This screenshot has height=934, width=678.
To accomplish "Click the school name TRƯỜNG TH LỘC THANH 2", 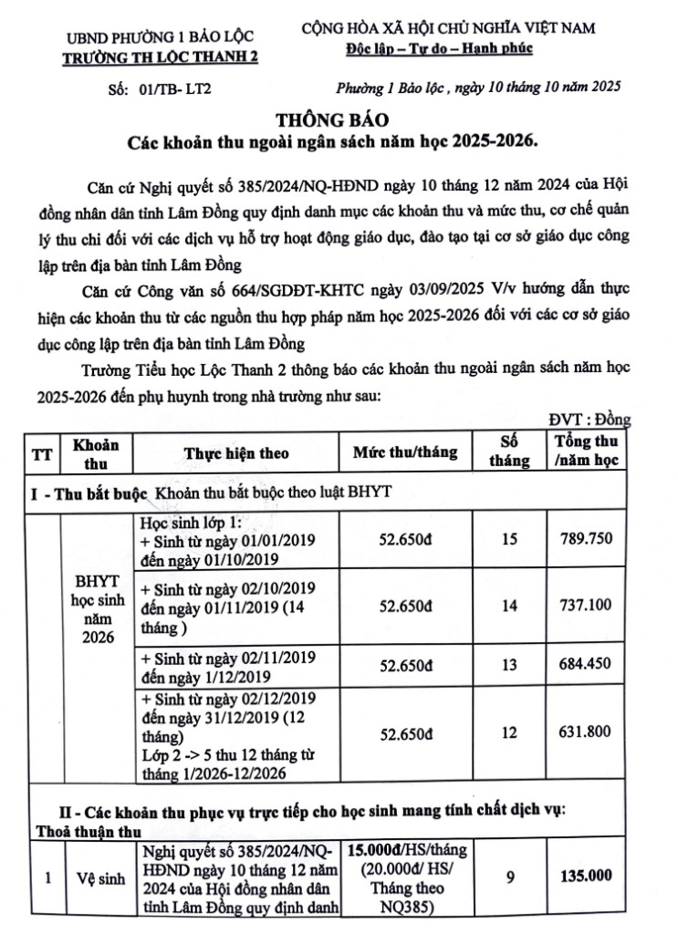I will (x=160, y=57).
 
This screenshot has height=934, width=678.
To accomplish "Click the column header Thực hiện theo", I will (x=236, y=452).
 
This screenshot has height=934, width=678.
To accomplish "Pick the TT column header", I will (x=42, y=452).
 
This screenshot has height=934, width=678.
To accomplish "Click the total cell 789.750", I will (x=588, y=539).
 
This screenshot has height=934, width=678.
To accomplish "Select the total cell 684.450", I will (x=588, y=663).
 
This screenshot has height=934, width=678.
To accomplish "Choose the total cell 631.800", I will (x=588, y=732).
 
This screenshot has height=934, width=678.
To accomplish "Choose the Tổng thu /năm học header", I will (x=588, y=451).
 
